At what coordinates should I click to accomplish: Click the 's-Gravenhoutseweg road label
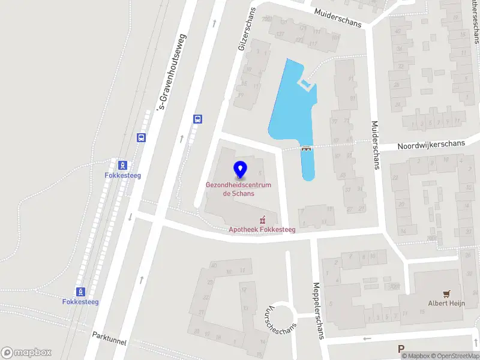click(x=172, y=72)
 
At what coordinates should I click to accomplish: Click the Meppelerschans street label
click(x=317, y=311)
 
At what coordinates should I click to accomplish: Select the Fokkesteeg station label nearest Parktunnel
click(x=80, y=302)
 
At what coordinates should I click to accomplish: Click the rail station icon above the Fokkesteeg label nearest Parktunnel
click(x=80, y=291)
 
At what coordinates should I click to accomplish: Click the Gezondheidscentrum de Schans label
click(x=238, y=189)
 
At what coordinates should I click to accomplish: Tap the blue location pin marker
click(x=240, y=170)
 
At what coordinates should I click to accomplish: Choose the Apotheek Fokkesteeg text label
click(x=262, y=230)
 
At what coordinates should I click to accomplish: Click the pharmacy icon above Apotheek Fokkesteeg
click(x=262, y=220)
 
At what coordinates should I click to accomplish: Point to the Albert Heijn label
click(x=446, y=304)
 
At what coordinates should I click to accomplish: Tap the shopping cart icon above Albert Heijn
click(x=446, y=293)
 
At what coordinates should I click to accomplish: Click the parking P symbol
click(x=401, y=349)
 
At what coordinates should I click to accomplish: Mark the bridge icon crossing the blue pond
click(x=307, y=148)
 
